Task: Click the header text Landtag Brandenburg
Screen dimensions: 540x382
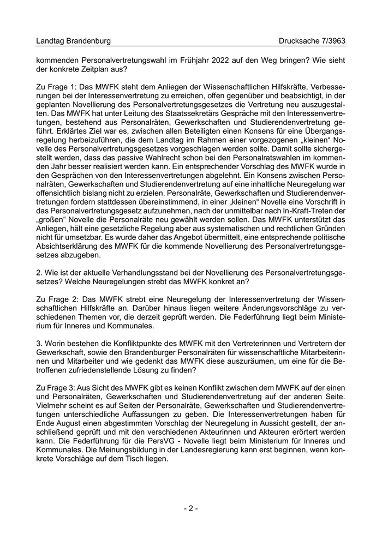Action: pyautogui.click(x=73, y=41)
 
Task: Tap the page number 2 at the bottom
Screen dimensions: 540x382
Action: pyautogui.click(x=191, y=508)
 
